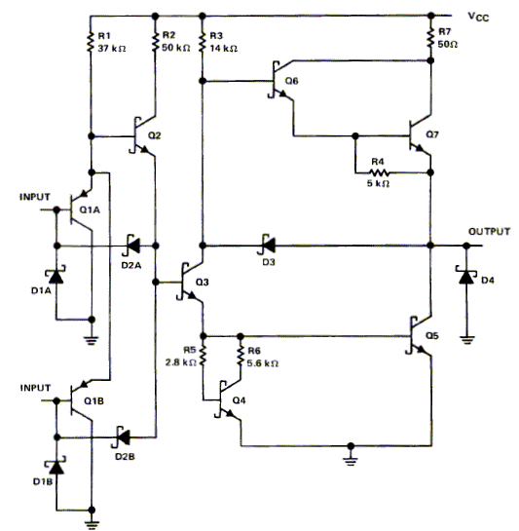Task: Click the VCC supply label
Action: click(478, 17)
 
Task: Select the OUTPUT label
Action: click(489, 232)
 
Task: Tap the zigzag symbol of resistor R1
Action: click(90, 42)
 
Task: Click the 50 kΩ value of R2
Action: click(175, 48)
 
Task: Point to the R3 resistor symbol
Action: click(203, 42)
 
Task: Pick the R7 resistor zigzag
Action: click(430, 38)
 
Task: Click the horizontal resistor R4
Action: click(379, 173)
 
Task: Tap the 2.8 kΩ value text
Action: click(181, 362)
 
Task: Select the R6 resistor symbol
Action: click(241, 356)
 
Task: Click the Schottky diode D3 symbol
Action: click(268, 246)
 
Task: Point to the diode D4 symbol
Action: click(465, 277)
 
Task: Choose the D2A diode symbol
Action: click(132, 246)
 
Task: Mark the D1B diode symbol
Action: click(56, 467)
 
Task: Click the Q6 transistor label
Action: click(291, 81)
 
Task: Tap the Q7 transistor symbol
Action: click(419, 136)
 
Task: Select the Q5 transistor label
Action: click(432, 335)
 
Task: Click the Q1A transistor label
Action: click(90, 209)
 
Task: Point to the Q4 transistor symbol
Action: click(230, 400)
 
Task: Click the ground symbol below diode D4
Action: click(466, 340)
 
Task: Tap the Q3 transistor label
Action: click(203, 282)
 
